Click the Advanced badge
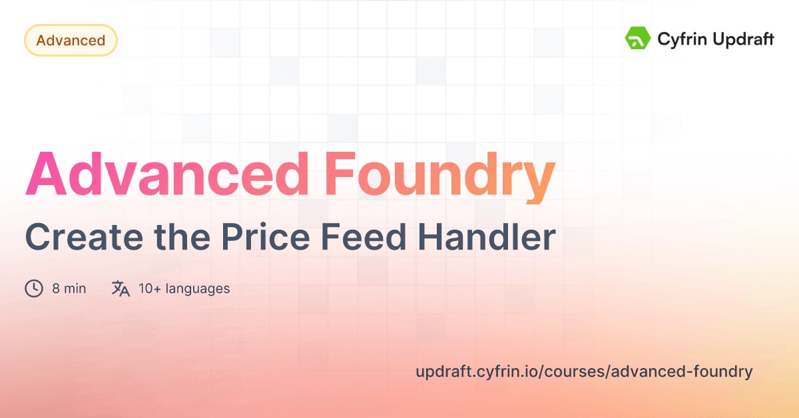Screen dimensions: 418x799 click(71, 41)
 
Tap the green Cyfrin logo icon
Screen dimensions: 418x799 click(637, 39)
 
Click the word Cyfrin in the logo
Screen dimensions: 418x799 click(680, 39)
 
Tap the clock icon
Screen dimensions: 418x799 click(34, 288)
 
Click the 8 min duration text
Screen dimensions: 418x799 click(69, 289)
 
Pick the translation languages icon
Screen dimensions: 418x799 click(121, 288)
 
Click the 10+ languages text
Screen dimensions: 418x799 click(184, 289)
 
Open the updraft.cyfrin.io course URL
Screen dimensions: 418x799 click(583, 371)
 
